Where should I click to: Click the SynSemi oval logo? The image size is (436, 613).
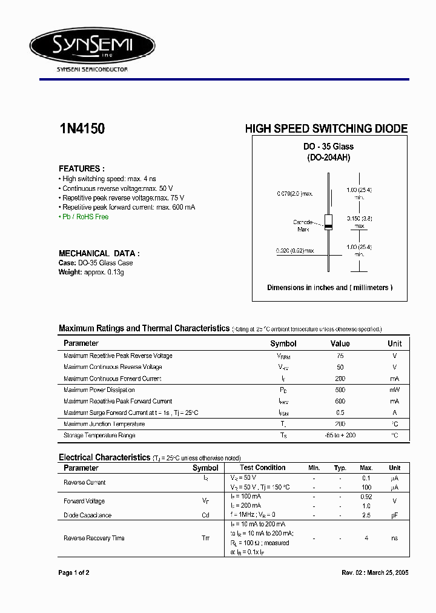pyautogui.click(x=93, y=45)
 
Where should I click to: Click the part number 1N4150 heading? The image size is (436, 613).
pyautogui.click(x=82, y=129)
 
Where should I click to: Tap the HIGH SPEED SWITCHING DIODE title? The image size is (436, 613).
pyautogui.click(x=326, y=129)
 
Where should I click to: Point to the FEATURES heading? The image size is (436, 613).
pyautogui.click(x=81, y=169)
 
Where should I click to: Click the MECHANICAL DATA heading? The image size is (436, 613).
pyautogui.click(x=99, y=253)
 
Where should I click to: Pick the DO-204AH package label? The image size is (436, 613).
pyautogui.click(x=328, y=157)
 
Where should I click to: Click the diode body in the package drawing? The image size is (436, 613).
pyautogui.click(x=328, y=222)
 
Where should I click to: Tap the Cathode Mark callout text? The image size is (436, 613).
pyautogui.click(x=303, y=225)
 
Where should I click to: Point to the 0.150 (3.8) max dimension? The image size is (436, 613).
pyautogui.click(x=359, y=222)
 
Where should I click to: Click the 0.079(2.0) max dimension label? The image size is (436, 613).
pyautogui.click(x=294, y=194)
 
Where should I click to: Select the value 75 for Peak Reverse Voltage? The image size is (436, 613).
pyautogui.click(x=340, y=356)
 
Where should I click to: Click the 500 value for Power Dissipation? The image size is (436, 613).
pyautogui.click(x=340, y=390)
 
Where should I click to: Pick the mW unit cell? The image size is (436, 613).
pyautogui.click(x=394, y=390)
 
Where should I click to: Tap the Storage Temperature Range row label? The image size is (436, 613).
pyautogui.click(x=99, y=436)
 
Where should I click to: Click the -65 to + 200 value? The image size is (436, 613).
pyautogui.click(x=340, y=436)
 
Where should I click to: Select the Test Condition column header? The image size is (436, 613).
pyautogui.click(x=262, y=468)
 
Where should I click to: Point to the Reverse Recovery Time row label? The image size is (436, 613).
pyautogui.click(x=94, y=538)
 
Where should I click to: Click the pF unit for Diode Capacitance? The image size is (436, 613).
pyautogui.click(x=394, y=515)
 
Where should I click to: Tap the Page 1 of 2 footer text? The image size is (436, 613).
pyautogui.click(x=74, y=572)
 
